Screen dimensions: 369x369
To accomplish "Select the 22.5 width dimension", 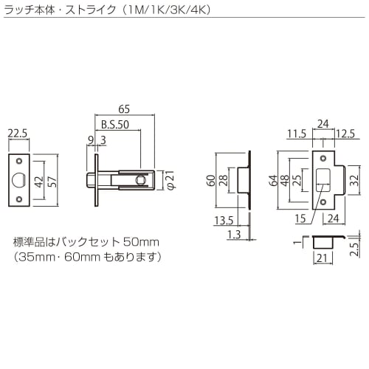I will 18,134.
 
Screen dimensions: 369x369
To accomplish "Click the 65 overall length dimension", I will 124,108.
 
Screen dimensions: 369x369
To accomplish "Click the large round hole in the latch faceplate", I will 19,180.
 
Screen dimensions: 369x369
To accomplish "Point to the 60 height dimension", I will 211,180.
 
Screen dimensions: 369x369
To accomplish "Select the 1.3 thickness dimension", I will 235,234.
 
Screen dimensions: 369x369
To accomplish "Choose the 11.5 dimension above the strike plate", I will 297,134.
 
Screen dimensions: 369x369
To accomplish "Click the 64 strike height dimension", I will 274,180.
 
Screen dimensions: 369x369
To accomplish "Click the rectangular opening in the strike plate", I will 323,179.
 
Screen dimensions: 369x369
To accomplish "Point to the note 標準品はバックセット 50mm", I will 86,242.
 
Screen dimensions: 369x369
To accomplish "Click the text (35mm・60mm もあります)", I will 86,257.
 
